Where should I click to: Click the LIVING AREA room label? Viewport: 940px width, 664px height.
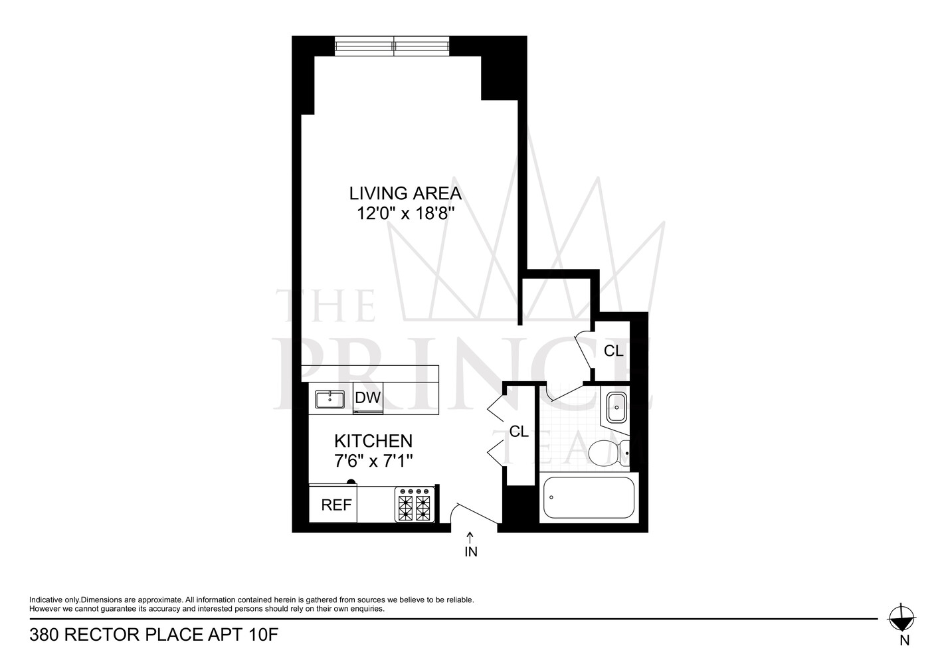pyautogui.click(x=405, y=193)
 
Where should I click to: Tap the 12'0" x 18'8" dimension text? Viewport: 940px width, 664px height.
pyautogui.click(x=406, y=214)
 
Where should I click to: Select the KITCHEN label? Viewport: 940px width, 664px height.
pyautogui.click(x=373, y=441)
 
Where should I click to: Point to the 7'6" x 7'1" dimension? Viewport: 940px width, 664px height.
pyautogui.click(x=373, y=461)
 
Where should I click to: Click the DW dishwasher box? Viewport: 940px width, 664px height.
pyautogui.click(x=368, y=398)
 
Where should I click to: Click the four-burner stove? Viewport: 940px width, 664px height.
pyautogui.click(x=415, y=504)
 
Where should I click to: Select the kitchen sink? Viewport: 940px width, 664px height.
pyautogui.click(x=330, y=399)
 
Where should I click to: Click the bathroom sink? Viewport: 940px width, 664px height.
pyautogui.click(x=617, y=407)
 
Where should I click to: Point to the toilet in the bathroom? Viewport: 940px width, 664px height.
pyautogui.click(x=609, y=453)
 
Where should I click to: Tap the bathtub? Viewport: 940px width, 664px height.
pyautogui.click(x=589, y=497)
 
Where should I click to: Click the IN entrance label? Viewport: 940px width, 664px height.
pyautogui.click(x=471, y=552)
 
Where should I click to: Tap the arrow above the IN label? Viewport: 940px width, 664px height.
pyautogui.click(x=470, y=537)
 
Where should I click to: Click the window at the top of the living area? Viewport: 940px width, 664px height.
pyautogui.click(x=392, y=45)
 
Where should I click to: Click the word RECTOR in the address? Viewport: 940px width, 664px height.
pyautogui.click(x=103, y=635)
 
